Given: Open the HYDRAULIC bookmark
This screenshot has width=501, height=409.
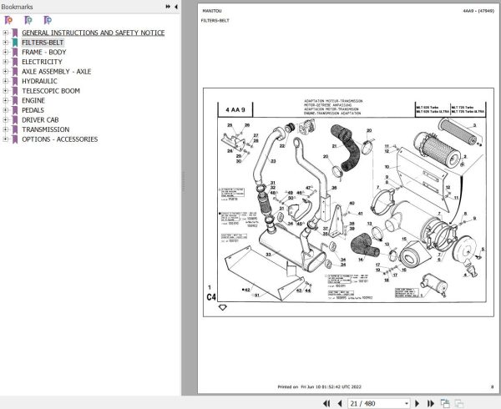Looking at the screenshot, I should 39,81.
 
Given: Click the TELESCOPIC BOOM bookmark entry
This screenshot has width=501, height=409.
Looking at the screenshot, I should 51,91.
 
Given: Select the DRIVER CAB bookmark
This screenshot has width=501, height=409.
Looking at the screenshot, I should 43,119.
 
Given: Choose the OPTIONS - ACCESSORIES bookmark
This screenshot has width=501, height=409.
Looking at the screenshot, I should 59,139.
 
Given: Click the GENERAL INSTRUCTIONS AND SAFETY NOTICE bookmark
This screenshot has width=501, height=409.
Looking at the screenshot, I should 93,33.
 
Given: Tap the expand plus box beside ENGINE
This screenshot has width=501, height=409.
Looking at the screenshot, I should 5,100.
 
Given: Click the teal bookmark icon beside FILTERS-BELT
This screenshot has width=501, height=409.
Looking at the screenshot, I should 15,43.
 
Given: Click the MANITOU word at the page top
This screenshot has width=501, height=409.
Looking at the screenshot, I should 211,10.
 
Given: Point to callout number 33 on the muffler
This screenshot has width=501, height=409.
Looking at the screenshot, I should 269,253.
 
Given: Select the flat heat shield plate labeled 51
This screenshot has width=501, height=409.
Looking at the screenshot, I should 257,295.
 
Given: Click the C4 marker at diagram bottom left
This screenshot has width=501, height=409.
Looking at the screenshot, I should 210,295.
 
